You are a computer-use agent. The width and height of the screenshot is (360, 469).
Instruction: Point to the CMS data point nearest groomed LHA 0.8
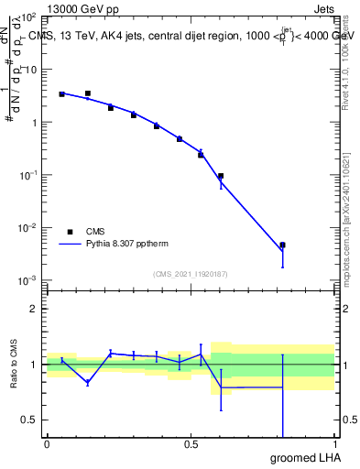283,245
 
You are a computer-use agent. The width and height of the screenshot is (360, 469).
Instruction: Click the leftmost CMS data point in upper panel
61,94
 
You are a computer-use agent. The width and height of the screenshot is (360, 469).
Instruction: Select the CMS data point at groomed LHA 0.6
221,176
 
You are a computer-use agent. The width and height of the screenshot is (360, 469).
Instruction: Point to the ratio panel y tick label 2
34,309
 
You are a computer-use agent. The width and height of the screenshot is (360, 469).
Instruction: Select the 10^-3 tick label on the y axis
27,280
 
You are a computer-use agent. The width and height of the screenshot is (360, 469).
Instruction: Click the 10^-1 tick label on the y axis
27,175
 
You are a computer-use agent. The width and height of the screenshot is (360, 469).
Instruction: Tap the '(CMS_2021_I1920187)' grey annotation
191,273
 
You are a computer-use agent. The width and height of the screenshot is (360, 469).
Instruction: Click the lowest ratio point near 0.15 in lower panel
87,382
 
